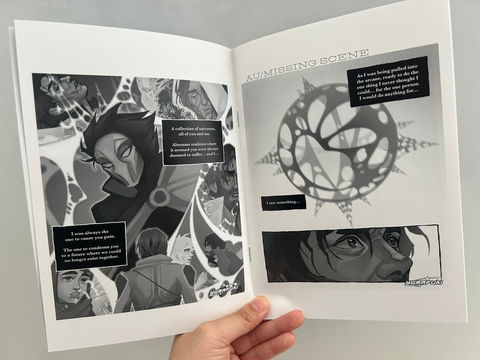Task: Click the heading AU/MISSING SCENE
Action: [307, 65]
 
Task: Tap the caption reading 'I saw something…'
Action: [284, 202]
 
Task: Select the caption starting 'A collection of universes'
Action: [194, 142]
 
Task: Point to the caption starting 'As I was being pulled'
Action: [387, 82]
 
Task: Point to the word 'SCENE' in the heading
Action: [344, 57]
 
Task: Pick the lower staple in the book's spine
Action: [249, 253]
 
